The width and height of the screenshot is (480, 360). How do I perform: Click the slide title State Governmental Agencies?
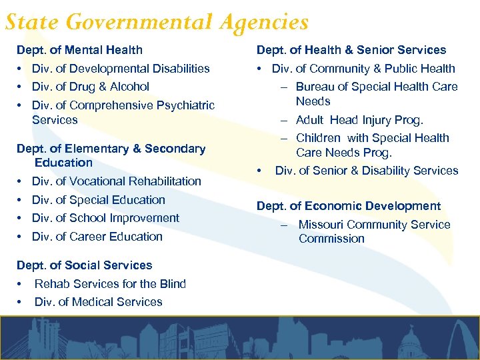[x=157, y=23]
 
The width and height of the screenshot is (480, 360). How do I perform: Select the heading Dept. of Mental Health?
[x=79, y=50]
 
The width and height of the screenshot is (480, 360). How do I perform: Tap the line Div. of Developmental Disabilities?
[x=121, y=69]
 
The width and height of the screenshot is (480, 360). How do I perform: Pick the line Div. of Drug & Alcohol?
[x=91, y=87]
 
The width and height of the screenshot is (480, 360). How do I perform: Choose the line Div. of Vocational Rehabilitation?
[x=116, y=181]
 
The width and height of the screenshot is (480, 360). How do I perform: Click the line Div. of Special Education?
[x=98, y=200]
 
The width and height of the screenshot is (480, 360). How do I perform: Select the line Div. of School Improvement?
[x=105, y=218]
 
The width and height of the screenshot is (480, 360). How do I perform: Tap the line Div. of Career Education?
[x=97, y=237]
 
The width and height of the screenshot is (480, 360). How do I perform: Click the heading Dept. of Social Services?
[x=84, y=265]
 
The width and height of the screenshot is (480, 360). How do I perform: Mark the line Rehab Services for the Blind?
[x=110, y=284]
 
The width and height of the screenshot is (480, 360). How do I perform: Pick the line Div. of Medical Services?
[x=98, y=302]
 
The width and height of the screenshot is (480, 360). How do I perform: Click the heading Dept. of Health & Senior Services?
[x=351, y=50]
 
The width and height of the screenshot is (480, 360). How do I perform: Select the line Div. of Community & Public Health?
[x=363, y=69]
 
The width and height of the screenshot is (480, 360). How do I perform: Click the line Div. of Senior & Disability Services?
[x=367, y=171]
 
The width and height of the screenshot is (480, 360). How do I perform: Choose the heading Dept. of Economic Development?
[x=349, y=207]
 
